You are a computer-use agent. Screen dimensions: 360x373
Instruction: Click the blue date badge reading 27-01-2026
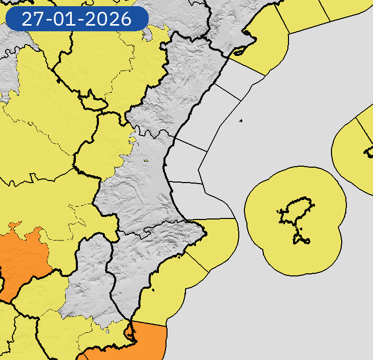77,19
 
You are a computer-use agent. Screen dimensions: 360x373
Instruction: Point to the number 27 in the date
32,19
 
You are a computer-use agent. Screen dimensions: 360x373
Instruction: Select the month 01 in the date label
69,19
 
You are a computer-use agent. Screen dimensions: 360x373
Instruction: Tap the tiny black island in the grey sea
240,121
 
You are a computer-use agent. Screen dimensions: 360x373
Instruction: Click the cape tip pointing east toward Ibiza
205,235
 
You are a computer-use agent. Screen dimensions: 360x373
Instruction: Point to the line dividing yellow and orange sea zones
149,324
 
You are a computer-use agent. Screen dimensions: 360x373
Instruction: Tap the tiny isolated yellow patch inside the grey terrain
146,161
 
